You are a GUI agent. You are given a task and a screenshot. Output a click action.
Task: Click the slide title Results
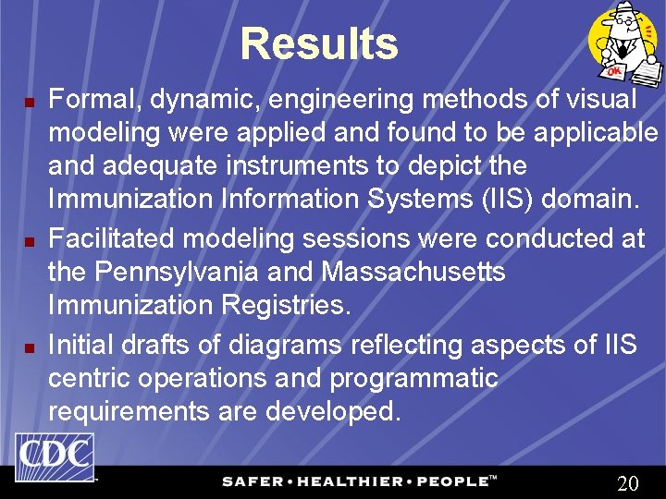pyautogui.click(x=318, y=44)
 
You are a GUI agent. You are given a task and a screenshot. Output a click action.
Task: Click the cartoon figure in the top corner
pyautogui.click(x=624, y=43)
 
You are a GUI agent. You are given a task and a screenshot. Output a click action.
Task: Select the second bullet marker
pyautogui.click(x=29, y=241)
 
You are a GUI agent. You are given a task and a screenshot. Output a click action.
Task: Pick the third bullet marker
pyautogui.click(x=29, y=347)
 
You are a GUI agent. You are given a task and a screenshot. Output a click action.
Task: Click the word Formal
pyautogui.click(x=87, y=99)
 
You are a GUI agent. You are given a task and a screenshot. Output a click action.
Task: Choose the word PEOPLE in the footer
pyautogui.click(x=448, y=481)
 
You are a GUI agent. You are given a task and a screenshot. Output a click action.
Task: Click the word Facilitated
pyautogui.click(x=113, y=238)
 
